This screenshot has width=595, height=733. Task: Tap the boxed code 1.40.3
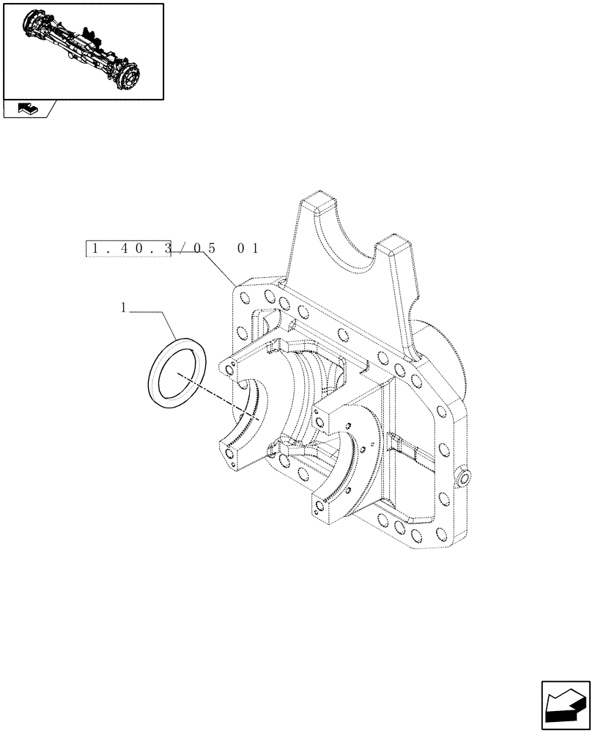pos(129,248)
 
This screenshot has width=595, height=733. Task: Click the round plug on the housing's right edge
pos(464,479)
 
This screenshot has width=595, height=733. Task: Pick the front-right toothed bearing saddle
pos(352,469)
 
